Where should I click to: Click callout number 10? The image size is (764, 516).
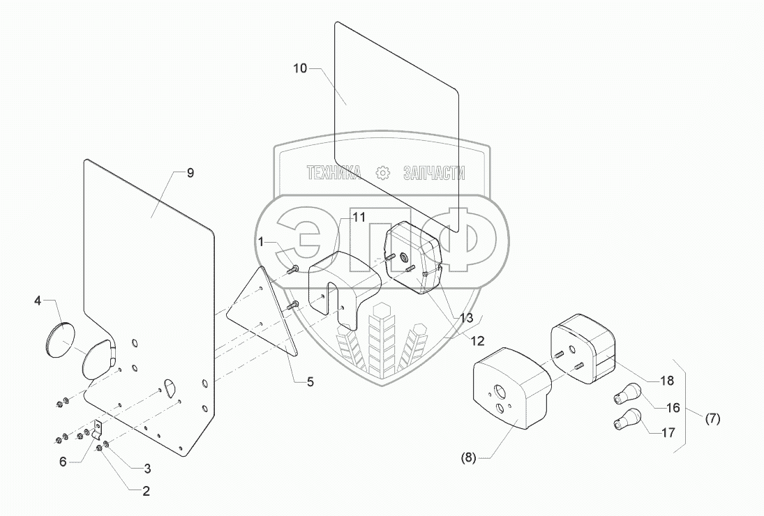[x=299, y=68]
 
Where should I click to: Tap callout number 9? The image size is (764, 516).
[x=190, y=174]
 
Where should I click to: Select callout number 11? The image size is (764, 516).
[x=359, y=218]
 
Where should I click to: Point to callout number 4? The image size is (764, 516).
[x=38, y=301]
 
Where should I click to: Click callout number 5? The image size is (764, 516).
[x=310, y=381]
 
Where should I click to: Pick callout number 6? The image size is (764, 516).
[x=63, y=462]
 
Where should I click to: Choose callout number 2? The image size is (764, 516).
[x=146, y=490]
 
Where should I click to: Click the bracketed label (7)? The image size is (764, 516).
[x=712, y=419]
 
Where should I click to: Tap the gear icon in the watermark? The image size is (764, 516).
[x=382, y=174]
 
